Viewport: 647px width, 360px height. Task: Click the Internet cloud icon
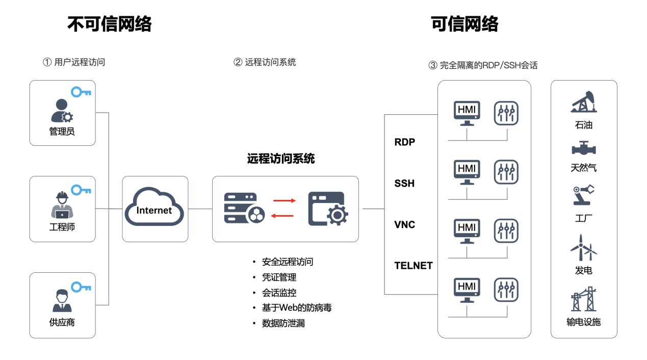[x=155, y=208]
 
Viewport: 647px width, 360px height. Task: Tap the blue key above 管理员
[x=81, y=92]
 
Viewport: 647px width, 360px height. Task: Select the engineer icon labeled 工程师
[x=62, y=205]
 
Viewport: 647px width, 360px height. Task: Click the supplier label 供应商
[x=62, y=322]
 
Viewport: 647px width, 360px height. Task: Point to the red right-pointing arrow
[x=284, y=200]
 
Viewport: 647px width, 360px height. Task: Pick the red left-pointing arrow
[x=284, y=216]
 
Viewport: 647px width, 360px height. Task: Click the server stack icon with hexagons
[x=244, y=208]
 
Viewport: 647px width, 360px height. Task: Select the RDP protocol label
[x=405, y=142]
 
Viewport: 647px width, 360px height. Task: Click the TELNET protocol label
[x=413, y=266]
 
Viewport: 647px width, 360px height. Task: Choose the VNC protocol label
[x=405, y=225]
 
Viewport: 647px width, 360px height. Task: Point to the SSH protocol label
[x=404, y=184]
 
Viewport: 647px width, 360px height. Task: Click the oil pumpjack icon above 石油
[x=584, y=102]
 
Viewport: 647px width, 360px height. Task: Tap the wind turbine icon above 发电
[x=583, y=248]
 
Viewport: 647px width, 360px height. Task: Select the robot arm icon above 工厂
[x=583, y=195]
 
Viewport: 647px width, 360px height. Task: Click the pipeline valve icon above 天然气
[x=584, y=148]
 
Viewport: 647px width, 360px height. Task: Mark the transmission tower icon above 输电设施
[x=584, y=299]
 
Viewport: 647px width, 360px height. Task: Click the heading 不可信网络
[x=110, y=24]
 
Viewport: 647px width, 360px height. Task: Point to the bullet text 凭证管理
[x=279, y=277]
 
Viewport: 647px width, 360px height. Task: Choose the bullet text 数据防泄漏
[x=283, y=323]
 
